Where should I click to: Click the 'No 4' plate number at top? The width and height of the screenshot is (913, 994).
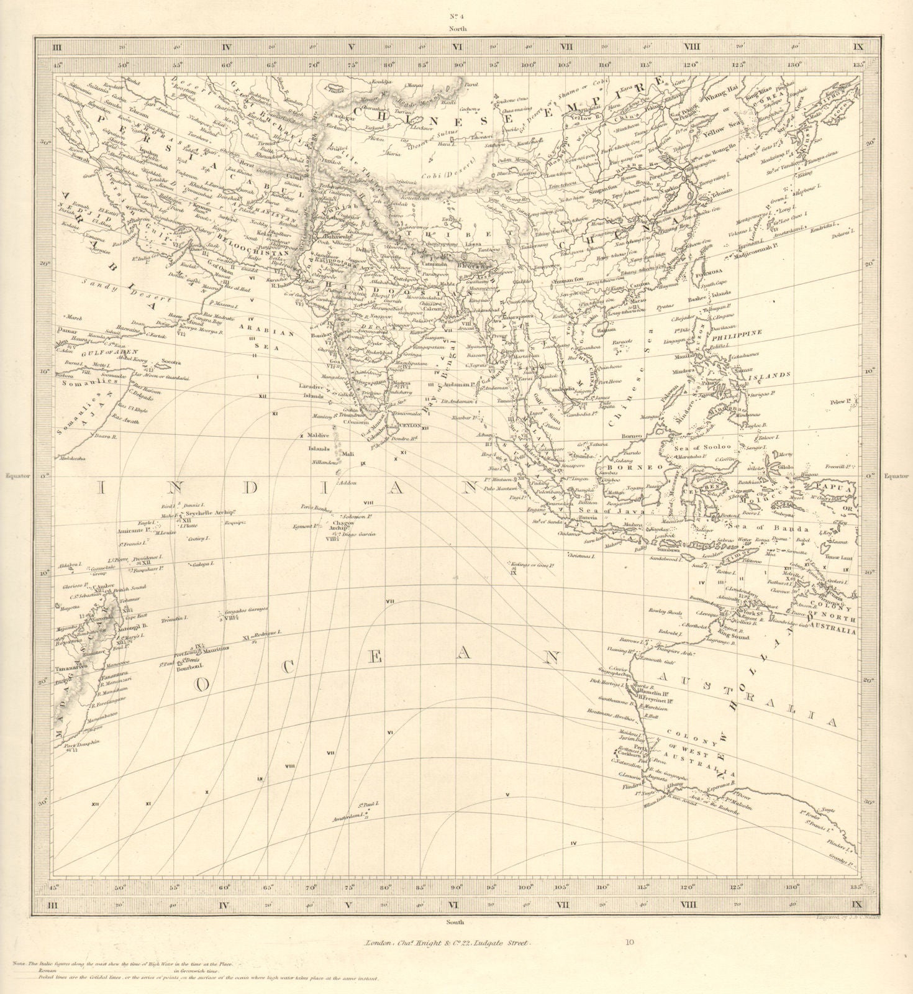[458, 17]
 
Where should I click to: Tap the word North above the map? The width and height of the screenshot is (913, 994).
[458, 29]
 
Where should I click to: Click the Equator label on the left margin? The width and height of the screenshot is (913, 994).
[17, 476]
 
